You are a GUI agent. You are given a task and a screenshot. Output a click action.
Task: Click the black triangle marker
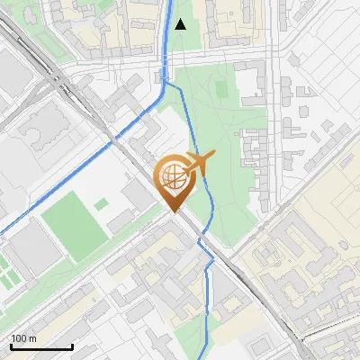click(x=180, y=23)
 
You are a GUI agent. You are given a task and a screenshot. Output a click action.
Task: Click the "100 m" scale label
click(x=23, y=338)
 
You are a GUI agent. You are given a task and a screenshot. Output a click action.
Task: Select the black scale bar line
click(x=41, y=346)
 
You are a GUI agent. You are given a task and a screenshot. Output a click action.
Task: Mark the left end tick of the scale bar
click(x=11, y=346)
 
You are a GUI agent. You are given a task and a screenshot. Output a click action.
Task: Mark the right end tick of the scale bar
click(x=72, y=346)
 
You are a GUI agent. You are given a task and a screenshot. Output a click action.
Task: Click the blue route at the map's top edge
click(x=170, y=3)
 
